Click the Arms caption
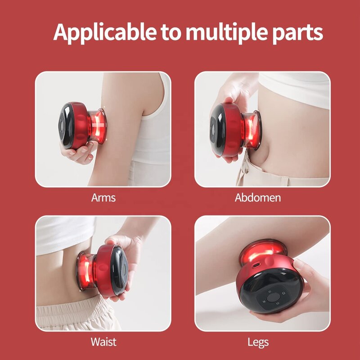(x=103, y=198)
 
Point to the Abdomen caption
(x=257, y=198)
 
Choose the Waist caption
(x=103, y=342)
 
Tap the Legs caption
(x=258, y=342)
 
